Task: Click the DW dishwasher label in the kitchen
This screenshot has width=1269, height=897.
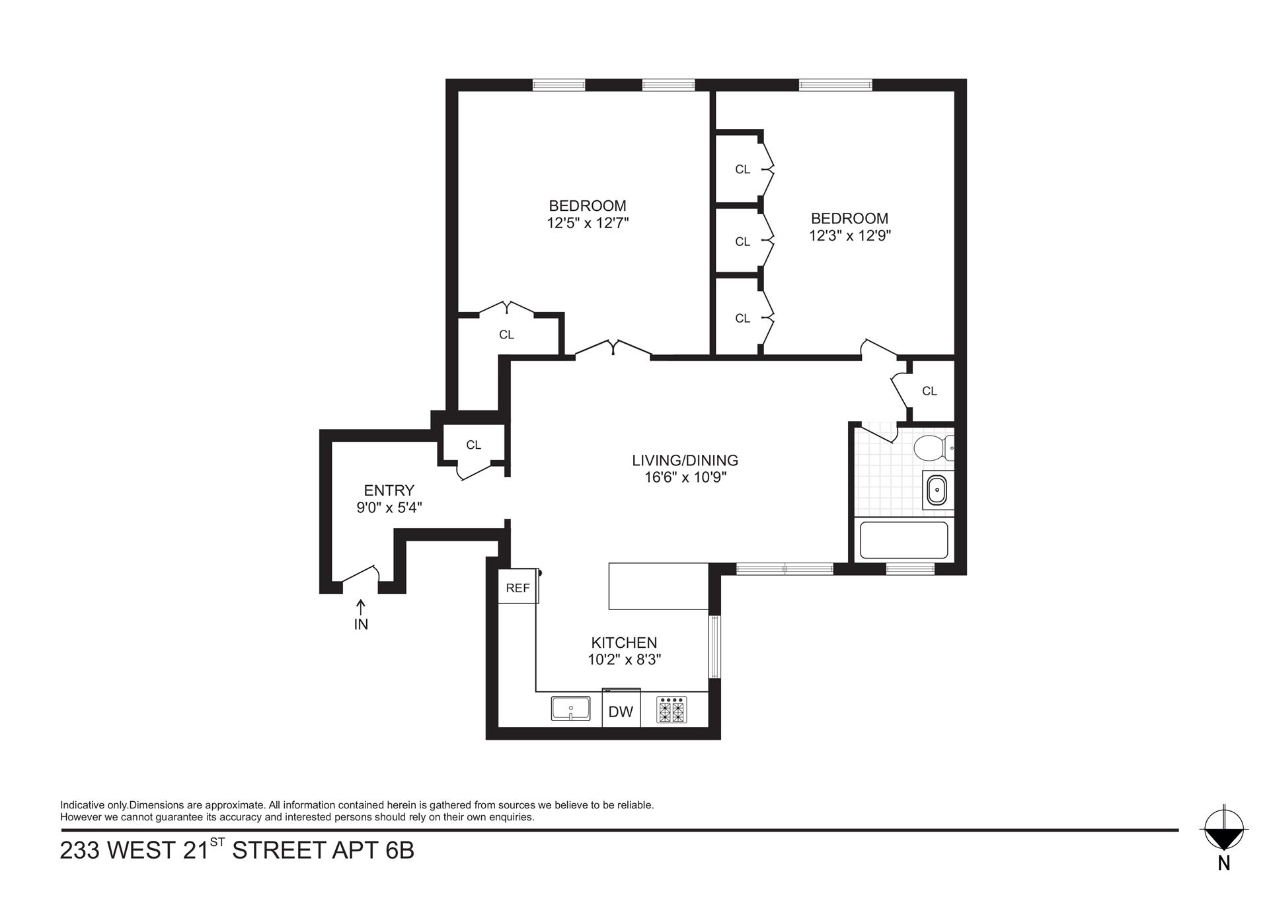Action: [621, 712]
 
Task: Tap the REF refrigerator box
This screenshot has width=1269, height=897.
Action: [518, 588]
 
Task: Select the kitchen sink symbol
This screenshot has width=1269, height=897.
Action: [570, 709]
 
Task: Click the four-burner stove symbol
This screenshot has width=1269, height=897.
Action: [672, 709]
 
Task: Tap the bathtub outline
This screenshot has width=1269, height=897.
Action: [904, 540]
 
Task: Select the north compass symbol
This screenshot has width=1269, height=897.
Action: [1223, 830]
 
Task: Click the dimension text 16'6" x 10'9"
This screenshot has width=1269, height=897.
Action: [685, 477]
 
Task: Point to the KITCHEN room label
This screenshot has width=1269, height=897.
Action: [623, 643]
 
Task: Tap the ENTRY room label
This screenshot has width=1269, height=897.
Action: [389, 490]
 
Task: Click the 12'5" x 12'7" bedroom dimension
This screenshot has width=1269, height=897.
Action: [587, 223]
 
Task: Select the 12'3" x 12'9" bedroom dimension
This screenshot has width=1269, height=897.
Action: [849, 236]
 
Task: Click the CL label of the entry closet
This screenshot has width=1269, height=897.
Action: [473, 445]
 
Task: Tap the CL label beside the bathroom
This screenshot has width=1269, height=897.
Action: [929, 391]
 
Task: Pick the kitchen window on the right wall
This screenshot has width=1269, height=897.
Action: [714, 646]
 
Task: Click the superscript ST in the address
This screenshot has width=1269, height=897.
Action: [217, 841]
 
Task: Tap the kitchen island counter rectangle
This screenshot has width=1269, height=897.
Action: [658, 586]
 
